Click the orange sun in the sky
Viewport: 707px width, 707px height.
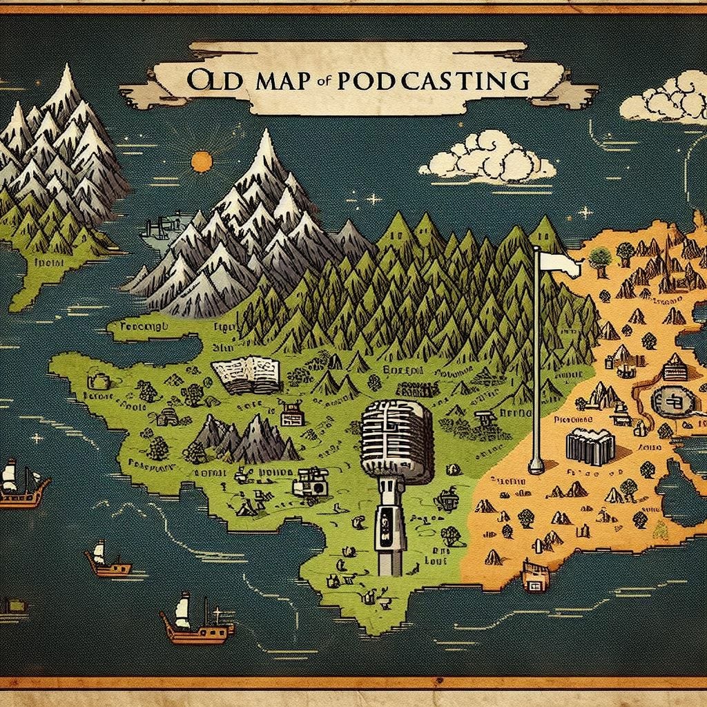coord(201,162)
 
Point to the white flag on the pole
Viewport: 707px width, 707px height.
coord(559,262)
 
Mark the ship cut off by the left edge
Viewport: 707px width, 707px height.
coord(19,484)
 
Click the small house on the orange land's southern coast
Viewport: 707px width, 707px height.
coord(536,577)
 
